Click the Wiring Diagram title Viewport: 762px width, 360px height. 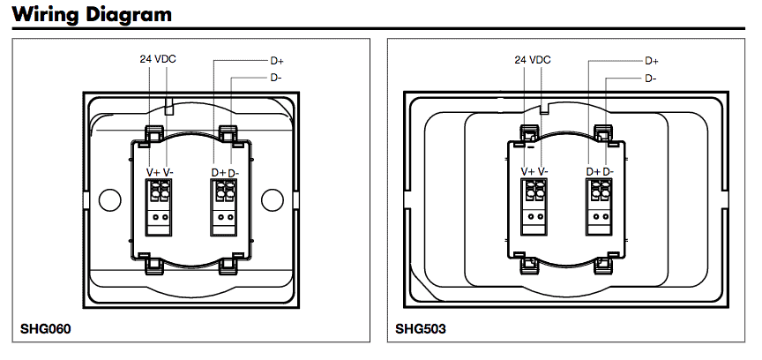point(92,15)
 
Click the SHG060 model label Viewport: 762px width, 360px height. point(45,330)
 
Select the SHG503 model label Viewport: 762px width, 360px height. point(421,330)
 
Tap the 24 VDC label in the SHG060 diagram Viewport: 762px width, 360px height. point(158,60)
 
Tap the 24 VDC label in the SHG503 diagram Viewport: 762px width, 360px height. point(533,60)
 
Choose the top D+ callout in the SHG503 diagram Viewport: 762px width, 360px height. point(652,62)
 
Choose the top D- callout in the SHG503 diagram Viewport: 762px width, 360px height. point(650,78)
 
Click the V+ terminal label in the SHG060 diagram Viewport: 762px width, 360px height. point(152,172)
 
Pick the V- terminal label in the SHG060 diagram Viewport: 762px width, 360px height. point(168,172)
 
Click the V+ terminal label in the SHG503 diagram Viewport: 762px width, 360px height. point(527,172)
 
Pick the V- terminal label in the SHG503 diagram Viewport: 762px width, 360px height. point(544,172)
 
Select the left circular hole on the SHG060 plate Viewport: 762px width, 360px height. point(108,199)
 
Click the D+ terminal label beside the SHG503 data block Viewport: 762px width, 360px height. point(593,172)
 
